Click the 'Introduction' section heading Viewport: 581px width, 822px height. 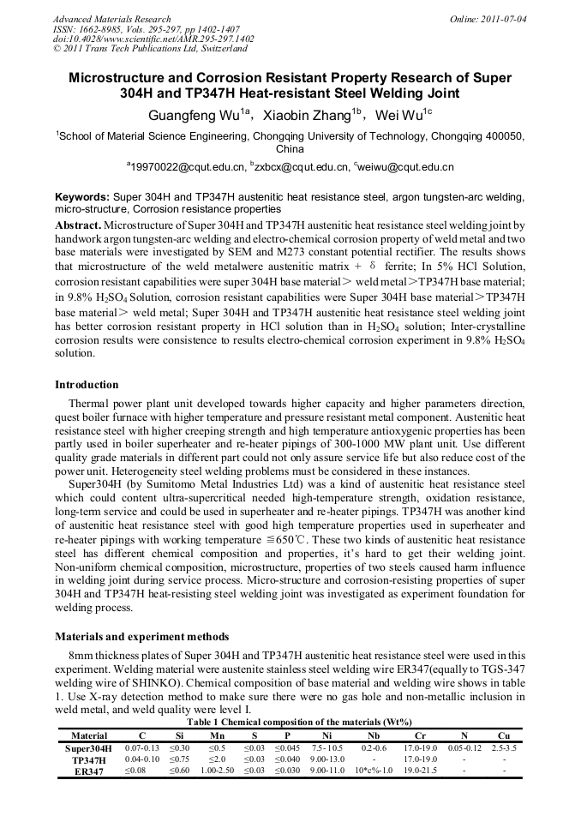pyautogui.click(x=87, y=385)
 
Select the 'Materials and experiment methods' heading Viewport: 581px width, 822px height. pyautogui.click(x=142, y=637)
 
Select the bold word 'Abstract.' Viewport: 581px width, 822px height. pyautogui.click(x=78, y=224)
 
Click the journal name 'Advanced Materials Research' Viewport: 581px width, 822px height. pyautogui.click(x=111, y=19)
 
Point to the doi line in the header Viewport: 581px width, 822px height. pyautogui.click(x=153, y=39)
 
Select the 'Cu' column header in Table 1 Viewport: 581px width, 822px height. pyautogui.click(x=503, y=735)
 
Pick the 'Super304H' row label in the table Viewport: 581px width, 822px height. pyautogui.click(x=88, y=748)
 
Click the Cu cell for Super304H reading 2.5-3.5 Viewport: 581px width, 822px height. pyautogui.click(x=504, y=748)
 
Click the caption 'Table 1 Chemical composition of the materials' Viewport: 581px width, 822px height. pyautogui.click(x=290, y=723)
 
